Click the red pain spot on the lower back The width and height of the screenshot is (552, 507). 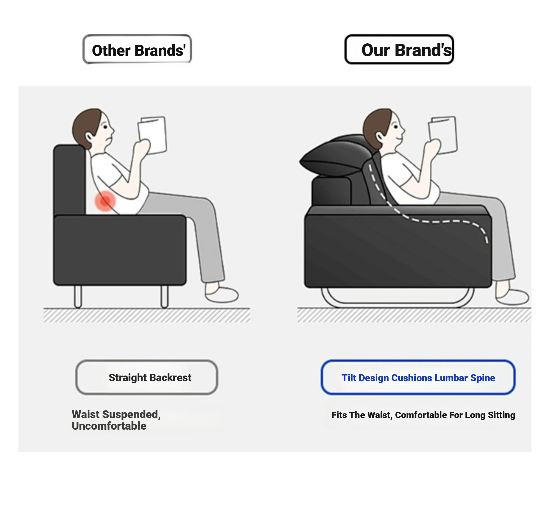point(105,201)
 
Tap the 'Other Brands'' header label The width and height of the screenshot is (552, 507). point(137,49)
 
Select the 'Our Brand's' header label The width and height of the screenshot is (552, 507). point(399,49)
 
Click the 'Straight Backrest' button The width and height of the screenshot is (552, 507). point(147,377)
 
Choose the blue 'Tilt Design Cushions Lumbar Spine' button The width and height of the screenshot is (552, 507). point(418,377)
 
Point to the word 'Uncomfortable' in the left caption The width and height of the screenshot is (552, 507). point(109,426)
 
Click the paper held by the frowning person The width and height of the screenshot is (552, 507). point(153,135)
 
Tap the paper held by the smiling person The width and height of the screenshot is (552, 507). point(443,135)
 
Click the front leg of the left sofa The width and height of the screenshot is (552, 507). point(164,297)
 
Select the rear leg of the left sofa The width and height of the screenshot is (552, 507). point(78,297)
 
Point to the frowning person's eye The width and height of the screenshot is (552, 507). point(105,127)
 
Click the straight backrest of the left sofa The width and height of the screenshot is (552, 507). point(70,180)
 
